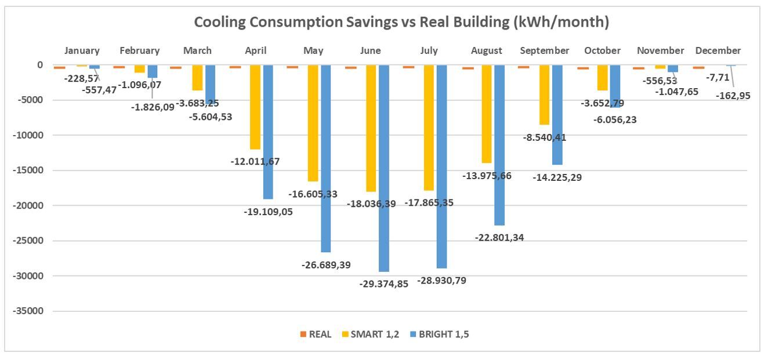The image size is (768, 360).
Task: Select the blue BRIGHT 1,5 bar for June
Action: pyautogui.click(x=383, y=168)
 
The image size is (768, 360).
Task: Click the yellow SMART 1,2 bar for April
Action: pyautogui.click(x=255, y=107)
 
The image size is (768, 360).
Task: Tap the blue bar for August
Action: pyautogui.click(x=499, y=145)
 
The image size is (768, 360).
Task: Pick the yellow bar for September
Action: pyautogui.click(x=544, y=95)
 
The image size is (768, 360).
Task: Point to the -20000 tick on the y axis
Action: pyautogui.click(x=28, y=206)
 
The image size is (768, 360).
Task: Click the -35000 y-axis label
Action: pyautogui.click(x=28, y=311)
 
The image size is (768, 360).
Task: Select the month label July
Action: pyautogui.click(x=429, y=51)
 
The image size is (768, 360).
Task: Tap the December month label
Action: pyautogui.click(x=718, y=51)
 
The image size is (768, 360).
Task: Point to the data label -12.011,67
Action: pyautogui.click(x=255, y=161)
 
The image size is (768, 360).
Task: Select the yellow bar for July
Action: pyautogui.click(x=429, y=128)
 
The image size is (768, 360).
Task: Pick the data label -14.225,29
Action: pyautogui.click(x=557, y=177)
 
